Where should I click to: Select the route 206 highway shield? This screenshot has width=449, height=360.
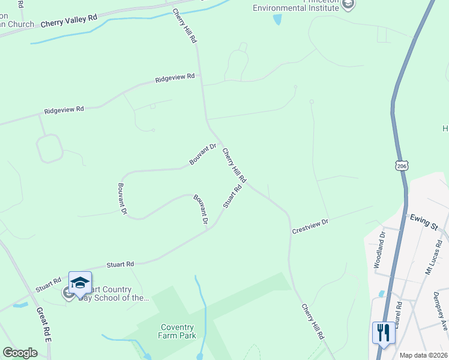click(402, 164)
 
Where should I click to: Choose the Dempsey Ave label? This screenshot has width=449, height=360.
click(441, 311)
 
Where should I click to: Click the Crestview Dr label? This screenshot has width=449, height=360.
click(310, 226)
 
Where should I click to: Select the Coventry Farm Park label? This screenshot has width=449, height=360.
click(177, 332)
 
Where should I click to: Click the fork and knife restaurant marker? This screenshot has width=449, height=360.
click(384, 332)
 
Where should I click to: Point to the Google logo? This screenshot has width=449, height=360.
click(20, 353)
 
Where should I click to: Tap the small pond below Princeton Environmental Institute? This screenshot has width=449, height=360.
click(277, 19)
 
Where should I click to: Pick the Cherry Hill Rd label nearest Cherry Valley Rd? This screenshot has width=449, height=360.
click(185, 26)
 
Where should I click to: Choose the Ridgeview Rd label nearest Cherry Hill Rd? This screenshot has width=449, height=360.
click(175, 77)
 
